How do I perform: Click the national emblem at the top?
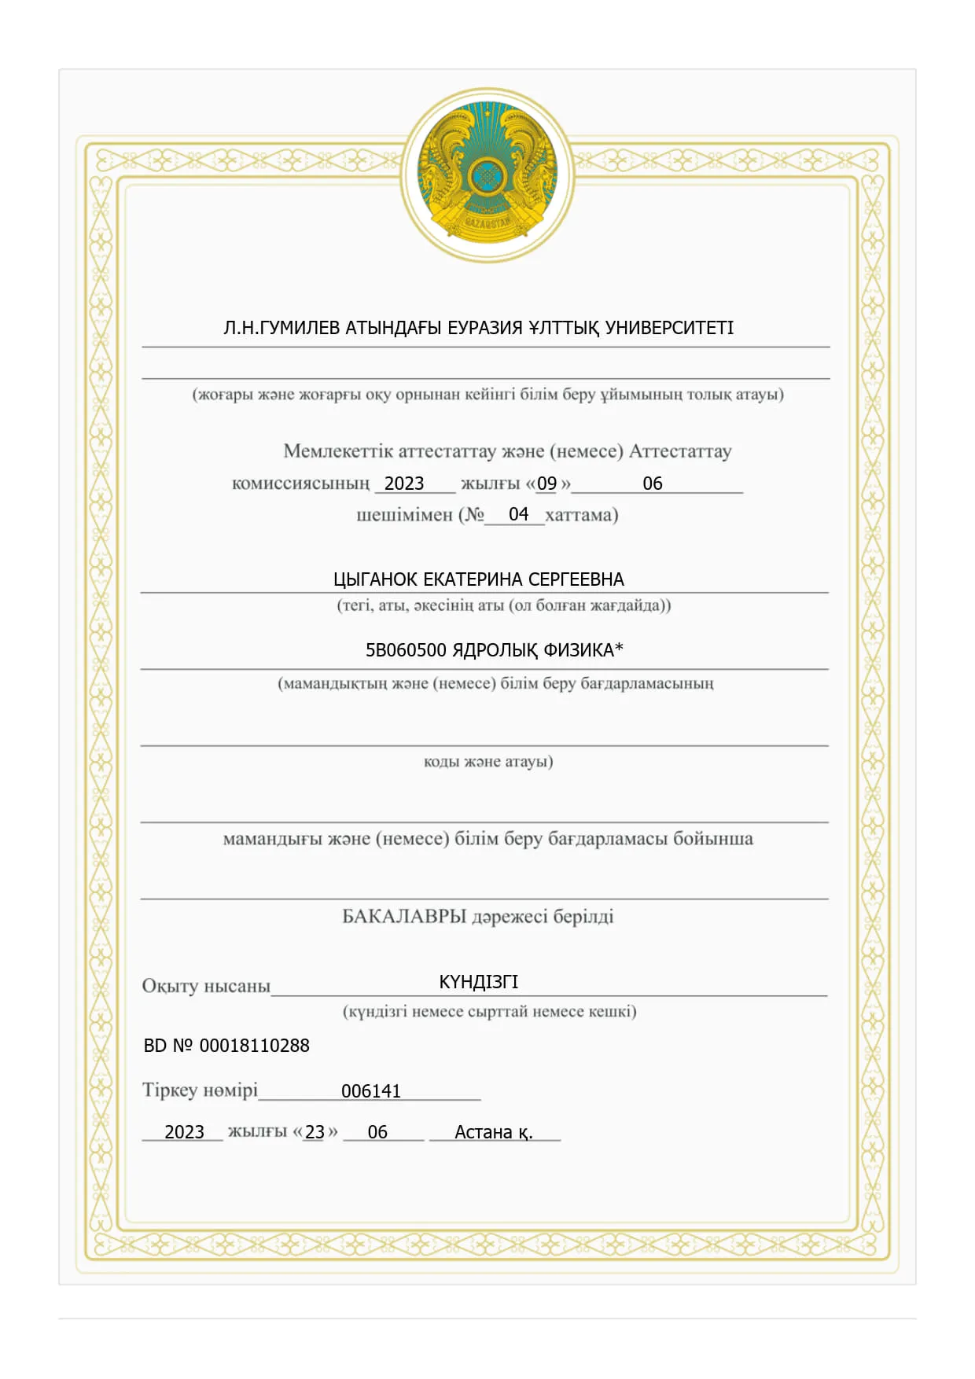point(487,175)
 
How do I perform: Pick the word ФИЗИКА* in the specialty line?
point(583,650)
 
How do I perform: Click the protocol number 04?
point(518,514)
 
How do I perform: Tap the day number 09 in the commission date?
point(546,484)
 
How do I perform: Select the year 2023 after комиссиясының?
point(404,484)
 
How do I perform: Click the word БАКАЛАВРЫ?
point(404,917)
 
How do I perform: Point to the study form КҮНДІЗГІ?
point(478,982)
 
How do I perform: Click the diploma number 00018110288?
point(254,1046)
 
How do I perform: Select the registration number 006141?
point(371,1091)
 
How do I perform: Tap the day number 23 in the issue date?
point(315,1132)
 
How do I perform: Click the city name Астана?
point(484,1132)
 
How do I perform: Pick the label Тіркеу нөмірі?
point(200,1090)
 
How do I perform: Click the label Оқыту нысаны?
point(206,986)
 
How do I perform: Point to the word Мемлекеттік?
point(337,451)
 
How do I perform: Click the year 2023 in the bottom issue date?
point(184,1132)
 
